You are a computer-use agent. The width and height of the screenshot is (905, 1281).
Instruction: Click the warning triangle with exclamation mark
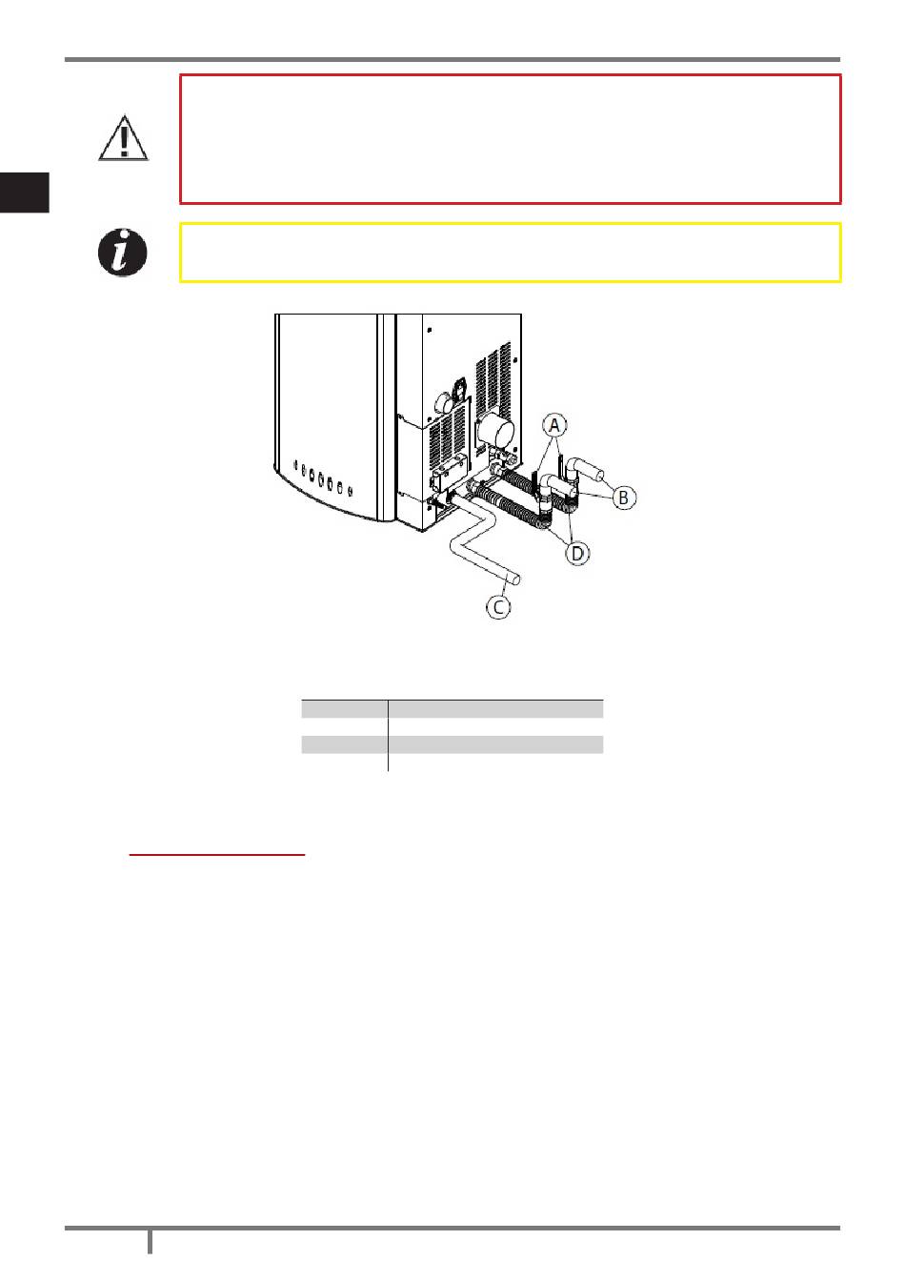pyautogui.click(x=124, y=139)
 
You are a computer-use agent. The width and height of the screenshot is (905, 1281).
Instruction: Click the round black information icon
pyautogui.click(x=124, y=253)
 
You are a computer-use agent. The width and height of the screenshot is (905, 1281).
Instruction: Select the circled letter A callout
pyautogui.click(x=553, y=424)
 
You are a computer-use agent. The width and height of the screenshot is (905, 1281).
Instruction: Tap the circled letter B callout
pyautogui.click(x=624, y=497)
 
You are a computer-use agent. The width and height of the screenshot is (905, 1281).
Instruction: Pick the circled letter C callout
pyautogui.click(x=498, y=605)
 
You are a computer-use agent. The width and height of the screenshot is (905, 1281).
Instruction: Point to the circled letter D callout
pyautogui.click(x=578, y=552)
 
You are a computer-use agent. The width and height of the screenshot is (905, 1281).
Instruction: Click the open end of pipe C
pyautogui.click(x=515, y=577)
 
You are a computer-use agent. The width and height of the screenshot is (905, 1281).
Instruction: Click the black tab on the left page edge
pyautogui.click(x=24, y=192)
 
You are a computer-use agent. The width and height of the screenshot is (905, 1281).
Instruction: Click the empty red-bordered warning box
pyautogui.click(x=510, y=139)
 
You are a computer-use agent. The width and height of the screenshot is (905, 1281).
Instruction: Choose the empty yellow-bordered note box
pyautogui.click(x=510, y=253)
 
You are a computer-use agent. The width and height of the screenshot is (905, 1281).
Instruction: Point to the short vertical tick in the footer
pyautogui.click(x=150, y=1242)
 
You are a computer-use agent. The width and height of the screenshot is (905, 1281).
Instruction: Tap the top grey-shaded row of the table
pyautogui.click(x=452, y=708)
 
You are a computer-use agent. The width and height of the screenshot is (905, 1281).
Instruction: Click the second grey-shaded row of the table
pyautogui.click(x=452, y=744)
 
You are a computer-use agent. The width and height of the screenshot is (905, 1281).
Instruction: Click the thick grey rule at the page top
pyautogui.click(x=452, y=60)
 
